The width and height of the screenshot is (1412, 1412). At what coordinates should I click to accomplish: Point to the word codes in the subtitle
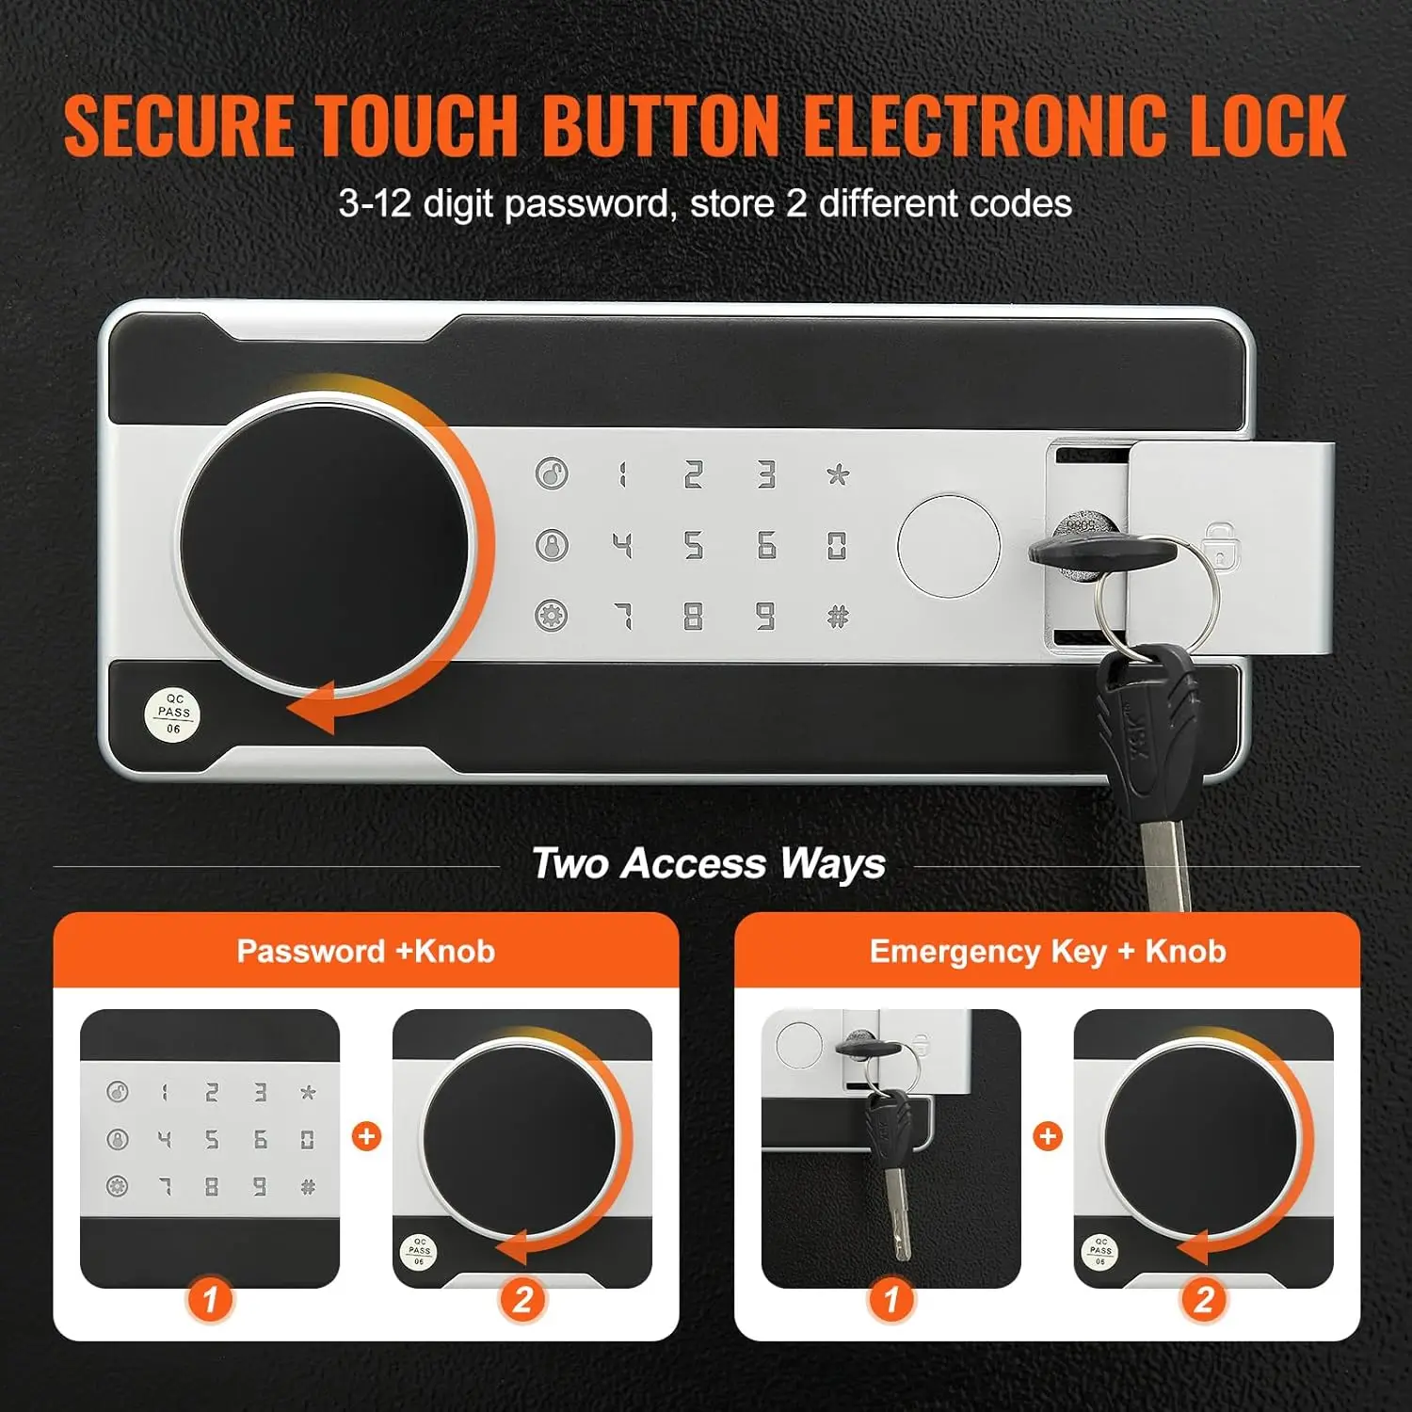1020,204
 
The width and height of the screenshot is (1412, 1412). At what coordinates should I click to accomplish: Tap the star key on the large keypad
837,473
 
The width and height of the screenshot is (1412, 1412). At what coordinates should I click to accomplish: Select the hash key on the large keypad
837,618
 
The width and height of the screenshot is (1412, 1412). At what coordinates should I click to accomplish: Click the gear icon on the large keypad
552,617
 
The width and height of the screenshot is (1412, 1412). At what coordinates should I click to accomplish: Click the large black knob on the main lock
324,545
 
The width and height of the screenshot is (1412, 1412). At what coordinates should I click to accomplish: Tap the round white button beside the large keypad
948,546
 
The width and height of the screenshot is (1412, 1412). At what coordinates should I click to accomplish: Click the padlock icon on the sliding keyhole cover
1220,545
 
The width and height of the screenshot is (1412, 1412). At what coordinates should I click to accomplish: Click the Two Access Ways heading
708,863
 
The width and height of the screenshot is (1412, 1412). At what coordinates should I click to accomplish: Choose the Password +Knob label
365,951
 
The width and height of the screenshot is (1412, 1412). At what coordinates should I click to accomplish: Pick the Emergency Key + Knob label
1047,951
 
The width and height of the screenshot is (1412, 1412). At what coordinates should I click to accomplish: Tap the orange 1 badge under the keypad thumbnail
209,1300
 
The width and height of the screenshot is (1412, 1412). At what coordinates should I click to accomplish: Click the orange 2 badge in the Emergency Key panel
1203,1300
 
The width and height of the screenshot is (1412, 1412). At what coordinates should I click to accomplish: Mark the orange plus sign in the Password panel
366,1136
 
